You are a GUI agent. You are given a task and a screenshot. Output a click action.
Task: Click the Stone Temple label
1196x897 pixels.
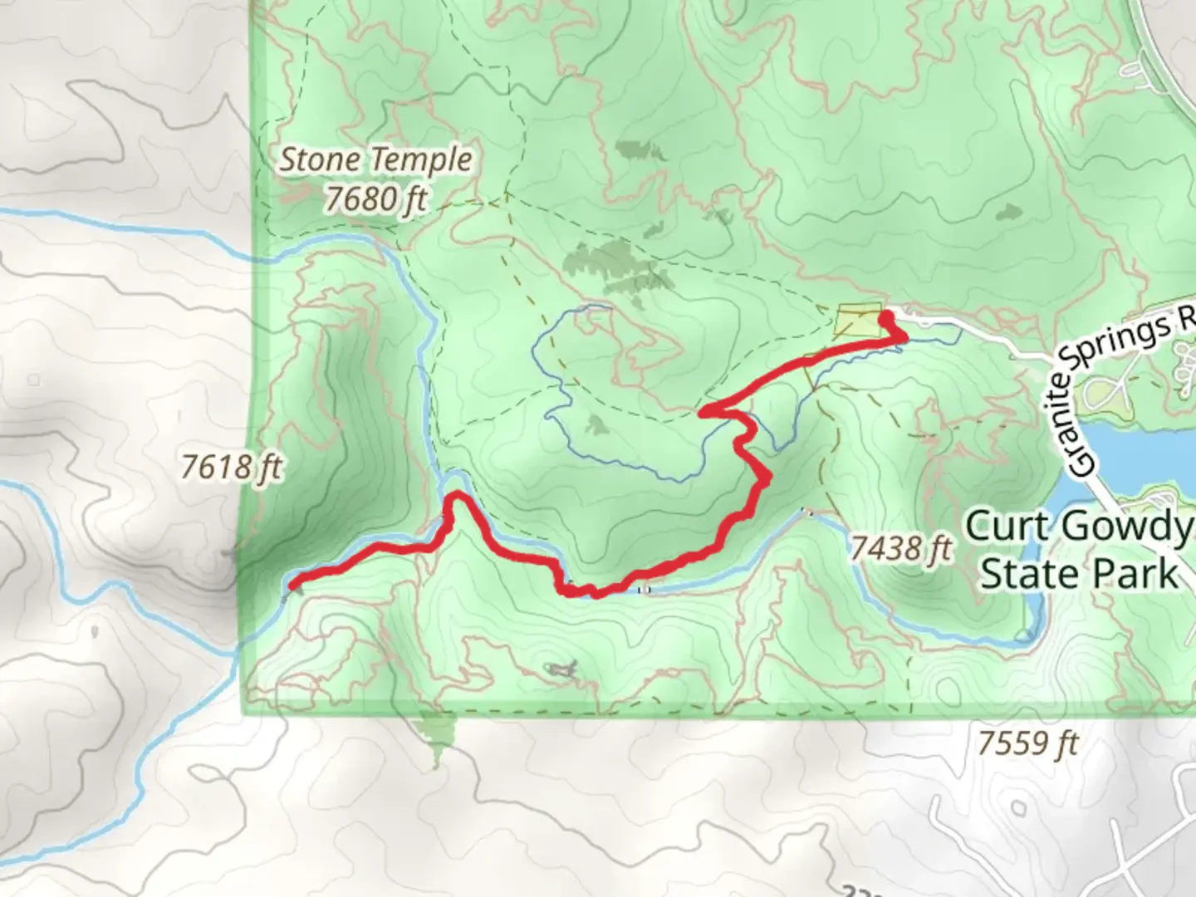point(375,159)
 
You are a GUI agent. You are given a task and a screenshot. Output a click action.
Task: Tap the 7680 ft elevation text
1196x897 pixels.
point(375,199)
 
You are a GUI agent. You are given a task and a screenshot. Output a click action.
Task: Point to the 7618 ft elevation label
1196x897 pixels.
point(232,468)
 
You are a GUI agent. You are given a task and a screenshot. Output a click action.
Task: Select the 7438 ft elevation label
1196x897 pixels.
point(900,548)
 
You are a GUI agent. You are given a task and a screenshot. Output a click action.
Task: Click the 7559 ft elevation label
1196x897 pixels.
point(1027,743)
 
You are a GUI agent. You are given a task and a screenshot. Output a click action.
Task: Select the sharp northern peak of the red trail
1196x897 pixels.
point(457,498)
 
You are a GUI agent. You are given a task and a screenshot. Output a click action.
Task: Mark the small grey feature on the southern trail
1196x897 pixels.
point(562,668)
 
